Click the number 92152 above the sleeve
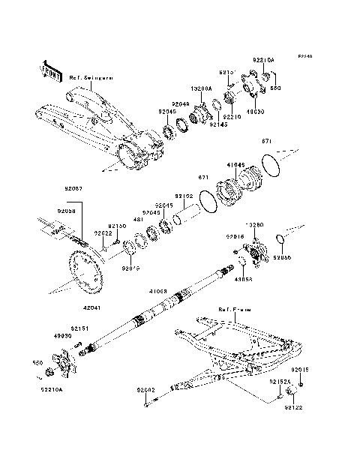184,196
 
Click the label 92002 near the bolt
147,390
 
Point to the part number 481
139,220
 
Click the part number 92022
103,232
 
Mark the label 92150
116,224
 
